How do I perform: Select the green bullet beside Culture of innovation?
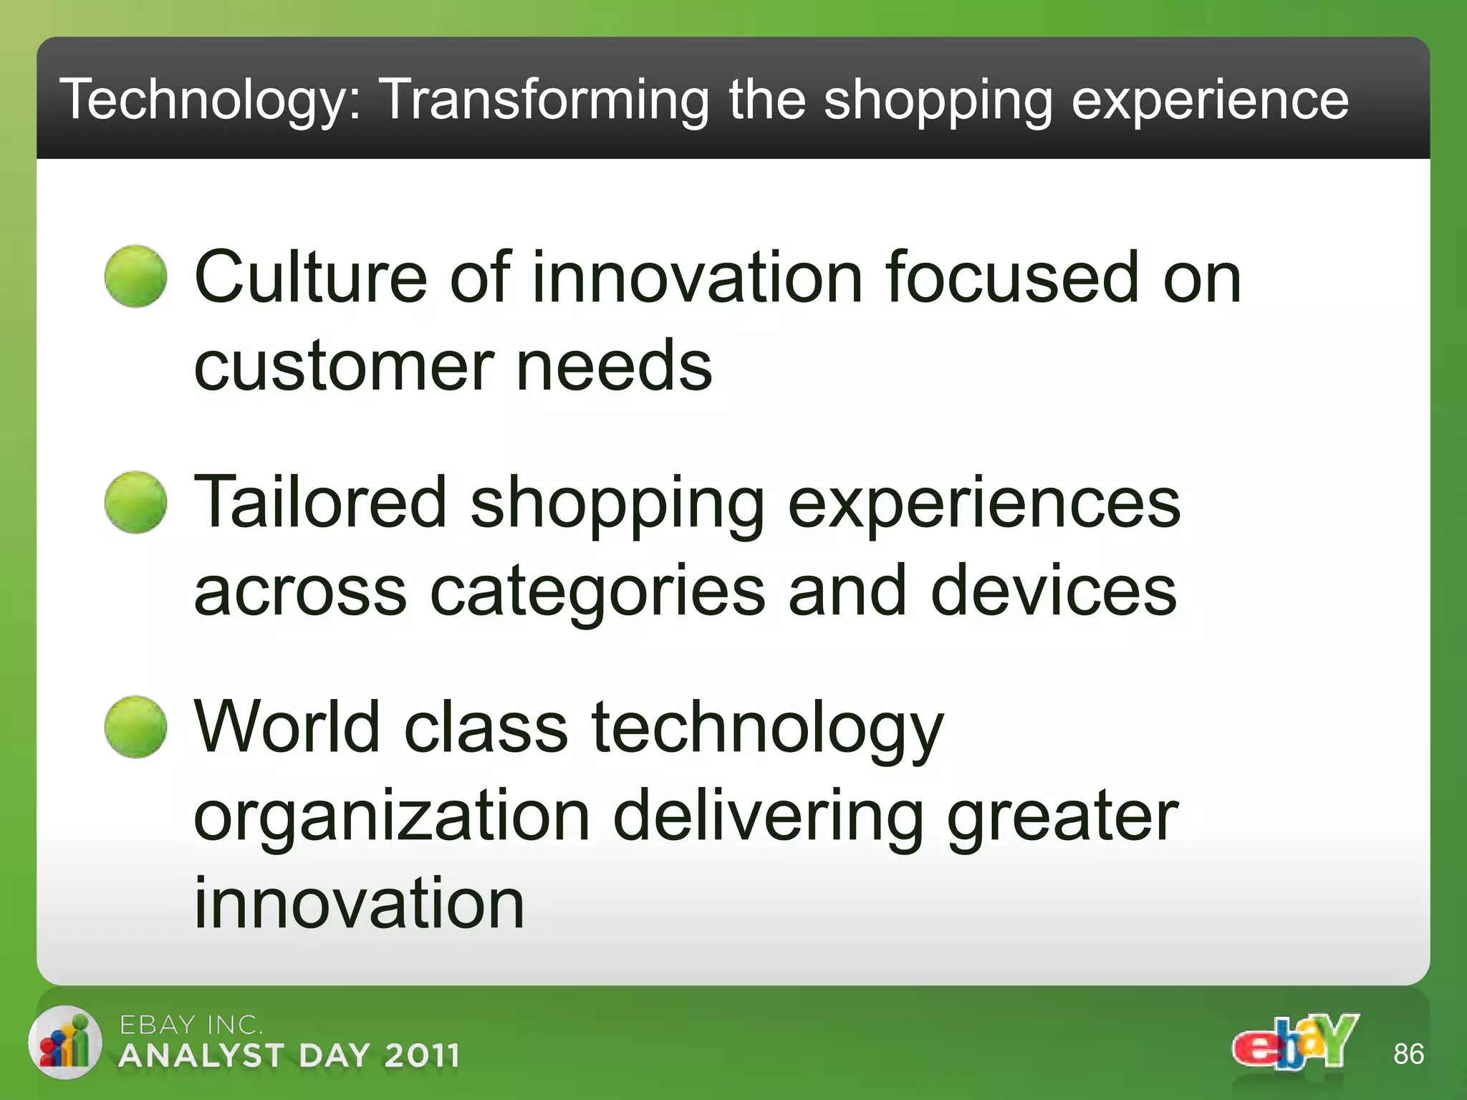[135, 276]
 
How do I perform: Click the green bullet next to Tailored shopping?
[135, 502]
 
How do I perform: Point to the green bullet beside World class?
[135, 727]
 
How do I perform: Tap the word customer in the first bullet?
[344, 367]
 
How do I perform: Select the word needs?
[614, 367]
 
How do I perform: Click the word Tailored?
[320, 503]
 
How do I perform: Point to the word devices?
[1053, 592]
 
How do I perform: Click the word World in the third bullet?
[287, 728]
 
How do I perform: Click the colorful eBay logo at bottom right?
[1295, 1043]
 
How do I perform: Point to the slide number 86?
[1408, 1054]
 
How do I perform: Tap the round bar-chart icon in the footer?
[64, 1042]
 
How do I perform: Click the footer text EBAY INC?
[191, 1025]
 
